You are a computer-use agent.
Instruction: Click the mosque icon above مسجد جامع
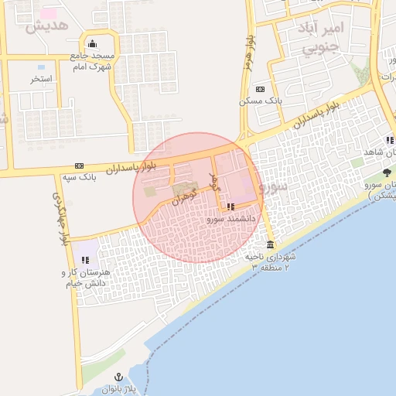pyautogui.click(x=93, y=43)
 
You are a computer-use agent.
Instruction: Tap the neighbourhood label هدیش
pyautogui.click(x=47, y=26)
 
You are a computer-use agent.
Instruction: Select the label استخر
pyautogui.click(x=41, y=78)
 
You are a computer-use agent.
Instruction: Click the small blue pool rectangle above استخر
pyautogui.click(x=40, y=67)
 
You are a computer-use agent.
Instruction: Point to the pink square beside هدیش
pyautogui.click(x=49, y=13)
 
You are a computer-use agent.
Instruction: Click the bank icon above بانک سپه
pyautogui.click(x=80, y=166)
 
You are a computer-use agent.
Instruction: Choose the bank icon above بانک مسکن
pyautogui.click(x=259, y=89)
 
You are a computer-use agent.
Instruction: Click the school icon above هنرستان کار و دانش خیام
pyautogui.click(x=85, y=260)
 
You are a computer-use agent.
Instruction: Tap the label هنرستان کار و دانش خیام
pyautogui.click(x=86, y=278)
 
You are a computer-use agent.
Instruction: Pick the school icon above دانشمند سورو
pyautogui.click(x=230, y=207)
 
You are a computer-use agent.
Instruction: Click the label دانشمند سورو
pyautogui.click(x=226, y=219)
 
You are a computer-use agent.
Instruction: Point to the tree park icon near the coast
pyautogui.click(x=387, y=172)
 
